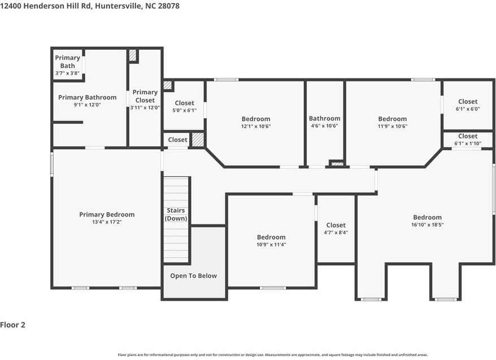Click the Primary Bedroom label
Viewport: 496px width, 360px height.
click(107, 214)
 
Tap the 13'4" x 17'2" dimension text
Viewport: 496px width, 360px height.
click(107, 222)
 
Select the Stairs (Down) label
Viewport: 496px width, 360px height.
click(176, 214)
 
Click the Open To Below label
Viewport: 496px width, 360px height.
click(193, 276)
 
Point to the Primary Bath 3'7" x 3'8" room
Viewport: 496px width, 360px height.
click(67, 66)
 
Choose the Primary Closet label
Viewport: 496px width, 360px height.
click(145, 96)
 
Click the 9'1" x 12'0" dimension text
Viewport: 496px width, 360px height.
click(87, 105)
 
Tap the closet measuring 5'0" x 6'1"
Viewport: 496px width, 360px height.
click(184, 106)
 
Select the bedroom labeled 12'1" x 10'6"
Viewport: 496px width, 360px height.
click(256, 122)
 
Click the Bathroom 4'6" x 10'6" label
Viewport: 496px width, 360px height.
click(324, 122)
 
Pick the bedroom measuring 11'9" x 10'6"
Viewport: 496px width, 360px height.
click(392, 122)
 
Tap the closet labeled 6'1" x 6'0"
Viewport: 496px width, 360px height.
click(467, 105)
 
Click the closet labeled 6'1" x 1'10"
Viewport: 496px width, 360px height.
click(467, 140)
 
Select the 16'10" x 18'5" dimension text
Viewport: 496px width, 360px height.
click(427, 225)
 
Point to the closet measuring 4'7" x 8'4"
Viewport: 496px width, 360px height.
click(336, 228)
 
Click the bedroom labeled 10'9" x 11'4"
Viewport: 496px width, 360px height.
click(271, 241)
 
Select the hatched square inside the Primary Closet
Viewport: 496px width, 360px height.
click(132, 55)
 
